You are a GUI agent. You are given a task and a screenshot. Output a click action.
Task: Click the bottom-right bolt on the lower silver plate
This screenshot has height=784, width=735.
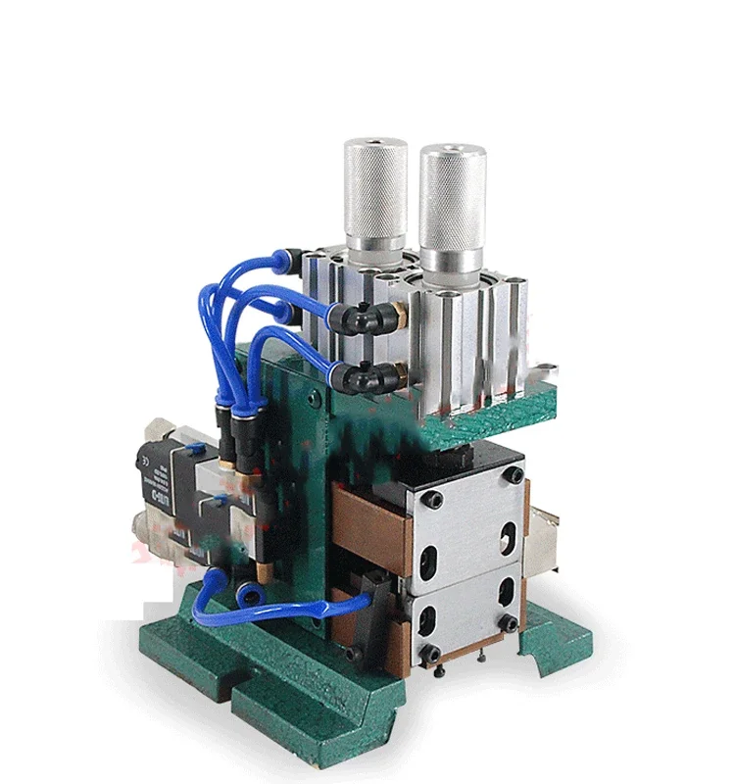pos(509,623)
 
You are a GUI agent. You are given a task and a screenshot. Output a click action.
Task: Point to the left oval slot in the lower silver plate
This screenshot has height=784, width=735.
pos(428,615)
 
